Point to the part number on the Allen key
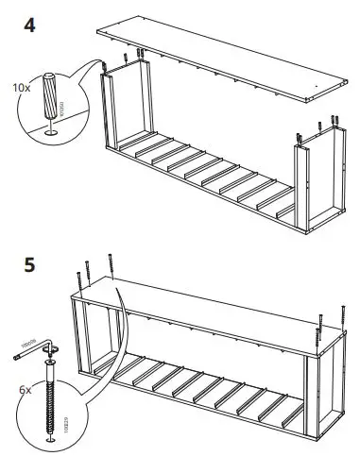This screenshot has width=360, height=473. click(26, 351)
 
